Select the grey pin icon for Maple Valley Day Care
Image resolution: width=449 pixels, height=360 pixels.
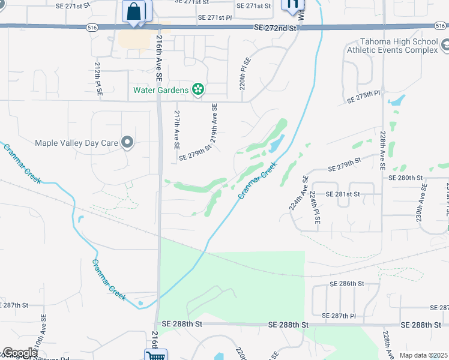tap(127, 142)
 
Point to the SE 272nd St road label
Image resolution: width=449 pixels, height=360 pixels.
tap(276, 28)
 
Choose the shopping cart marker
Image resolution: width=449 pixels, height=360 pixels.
tap(155, 355)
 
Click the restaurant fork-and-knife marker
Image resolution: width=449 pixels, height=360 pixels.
tap(293, 5)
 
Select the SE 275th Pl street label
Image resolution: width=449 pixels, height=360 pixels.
tap(364, 94)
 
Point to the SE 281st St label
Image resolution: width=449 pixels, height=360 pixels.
tap(343, 194)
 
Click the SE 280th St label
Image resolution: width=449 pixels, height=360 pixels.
tap(406, 178)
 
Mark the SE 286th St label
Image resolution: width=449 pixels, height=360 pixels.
tap(347, 283)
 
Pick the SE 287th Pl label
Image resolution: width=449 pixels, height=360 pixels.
tap(339, 316)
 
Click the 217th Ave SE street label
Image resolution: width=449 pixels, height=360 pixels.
tap(176, 129)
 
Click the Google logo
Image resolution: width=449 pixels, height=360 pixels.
tap(19, 353)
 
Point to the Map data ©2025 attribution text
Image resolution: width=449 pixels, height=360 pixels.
tap(423, 355)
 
